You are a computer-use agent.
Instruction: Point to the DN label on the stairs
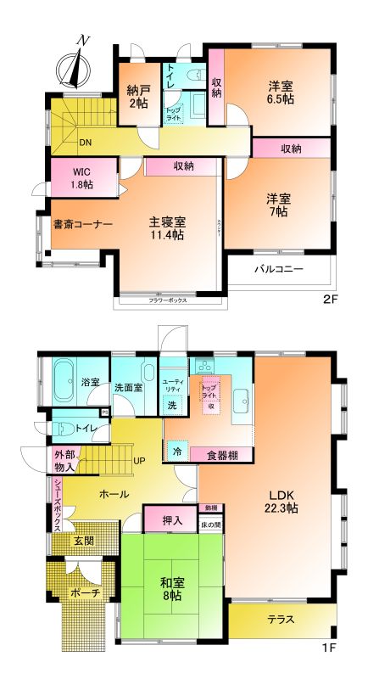pyautogui.click(x=86, y=143)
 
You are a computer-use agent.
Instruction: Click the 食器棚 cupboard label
pyautogui.click(x=224, y=455)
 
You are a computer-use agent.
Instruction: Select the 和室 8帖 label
pyautogui.click(x=176, y=588)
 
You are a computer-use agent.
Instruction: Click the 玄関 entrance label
pyautogui.click(x=83, y=542)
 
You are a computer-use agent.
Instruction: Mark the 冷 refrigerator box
pyautogui.click(x=176, y=451)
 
